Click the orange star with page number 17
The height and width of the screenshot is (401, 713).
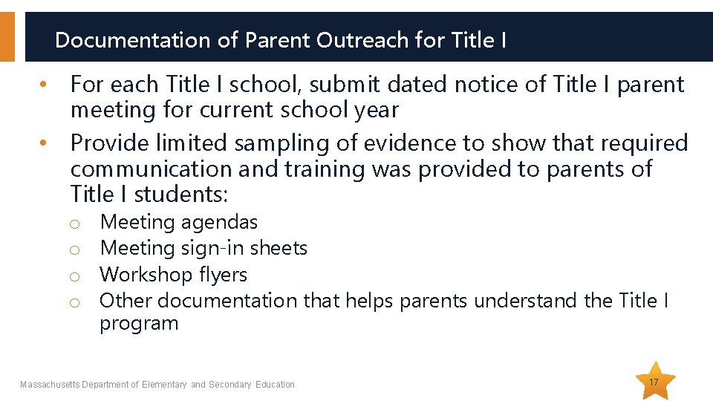653,382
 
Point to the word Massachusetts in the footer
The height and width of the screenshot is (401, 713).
49,384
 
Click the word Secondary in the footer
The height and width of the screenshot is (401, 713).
230,384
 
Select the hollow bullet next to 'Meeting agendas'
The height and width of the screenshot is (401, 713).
74,224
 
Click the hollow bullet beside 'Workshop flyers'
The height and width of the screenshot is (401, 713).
74,276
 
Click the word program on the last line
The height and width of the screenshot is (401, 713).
139,324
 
